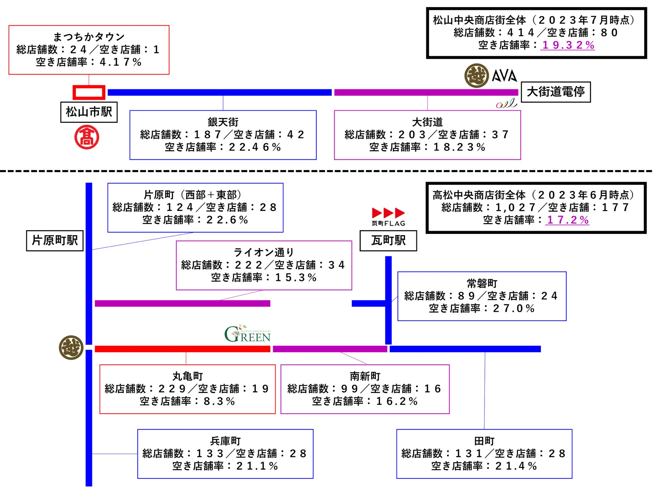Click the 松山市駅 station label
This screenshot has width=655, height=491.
(x=89, y=112)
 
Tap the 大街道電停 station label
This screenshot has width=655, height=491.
(x=556, y=92)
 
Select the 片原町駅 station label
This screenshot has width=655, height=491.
(x=55, y=240)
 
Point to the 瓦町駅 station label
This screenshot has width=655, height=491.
(x=388, y=240)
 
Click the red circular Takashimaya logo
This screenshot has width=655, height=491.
(x=87, y=137)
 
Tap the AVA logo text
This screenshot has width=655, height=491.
(x=504, y=76)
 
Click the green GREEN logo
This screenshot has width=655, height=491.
(x=248, y=334)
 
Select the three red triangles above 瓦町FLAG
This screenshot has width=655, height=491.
(x=388, y=213)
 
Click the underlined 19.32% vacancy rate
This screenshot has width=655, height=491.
(x=568, y=45)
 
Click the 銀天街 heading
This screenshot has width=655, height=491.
(x=223, y=122)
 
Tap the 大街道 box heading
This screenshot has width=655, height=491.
(x=427, y=122)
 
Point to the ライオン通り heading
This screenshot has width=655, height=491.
(x=264, y=252)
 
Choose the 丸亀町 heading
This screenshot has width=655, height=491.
(x=188, y=376)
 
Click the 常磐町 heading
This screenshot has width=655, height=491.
(x=482, y=283)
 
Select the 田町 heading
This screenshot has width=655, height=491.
(x=484, y=441)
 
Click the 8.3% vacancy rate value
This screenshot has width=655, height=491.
(x=219, y=401)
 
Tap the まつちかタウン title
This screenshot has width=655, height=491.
(x=89, y=37)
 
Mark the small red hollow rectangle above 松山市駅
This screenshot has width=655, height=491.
(x=89, y=93)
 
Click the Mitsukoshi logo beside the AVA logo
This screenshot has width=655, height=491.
(x=477, y=76)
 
